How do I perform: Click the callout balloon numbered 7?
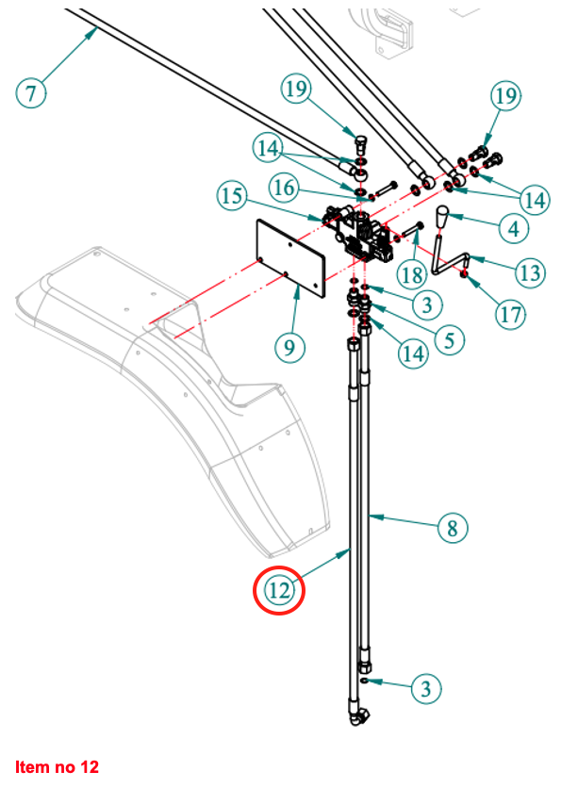(31, 93)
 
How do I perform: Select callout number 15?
(231, 197)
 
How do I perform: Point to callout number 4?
(513, 228)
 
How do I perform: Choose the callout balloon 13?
(529, 272)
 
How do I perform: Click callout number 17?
(510, 314)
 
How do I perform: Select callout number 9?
(290, 347)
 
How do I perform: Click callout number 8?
(453, 528)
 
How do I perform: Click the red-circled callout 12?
(279, 591)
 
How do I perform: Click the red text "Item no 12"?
(57, 766)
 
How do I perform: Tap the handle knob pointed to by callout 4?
(442, 219)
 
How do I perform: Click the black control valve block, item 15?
(358, 234)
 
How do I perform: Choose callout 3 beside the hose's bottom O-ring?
(426, 689)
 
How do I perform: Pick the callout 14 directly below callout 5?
(412, 353)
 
